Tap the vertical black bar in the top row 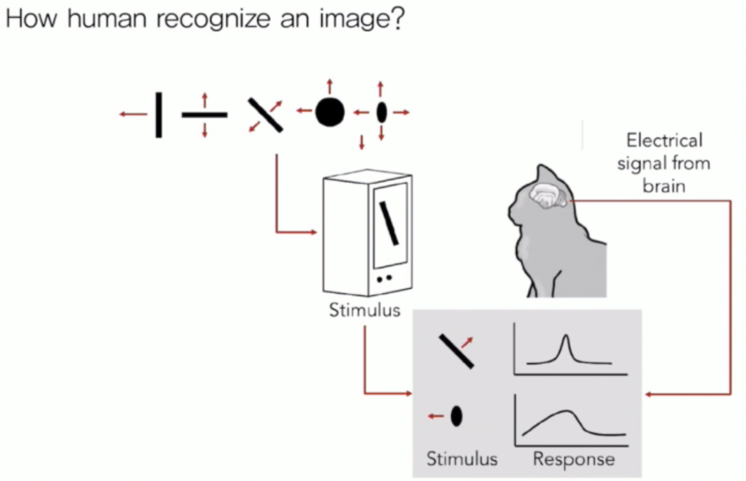(158, 115)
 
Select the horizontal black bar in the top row (204, 115)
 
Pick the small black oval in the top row (381, 113)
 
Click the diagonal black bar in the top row (265, 115)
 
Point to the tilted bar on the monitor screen (389, 222)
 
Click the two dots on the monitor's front (384, 278)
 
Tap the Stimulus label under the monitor (364, 311)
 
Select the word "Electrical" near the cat (664, 141)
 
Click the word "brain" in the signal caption (664, 186)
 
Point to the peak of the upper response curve (566, 337)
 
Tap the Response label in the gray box (574, 459)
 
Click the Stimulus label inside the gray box (462, 459)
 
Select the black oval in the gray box (456, 416)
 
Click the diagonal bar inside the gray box (456, 351)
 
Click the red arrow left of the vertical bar (133, 115)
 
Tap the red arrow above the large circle (329, 87)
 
